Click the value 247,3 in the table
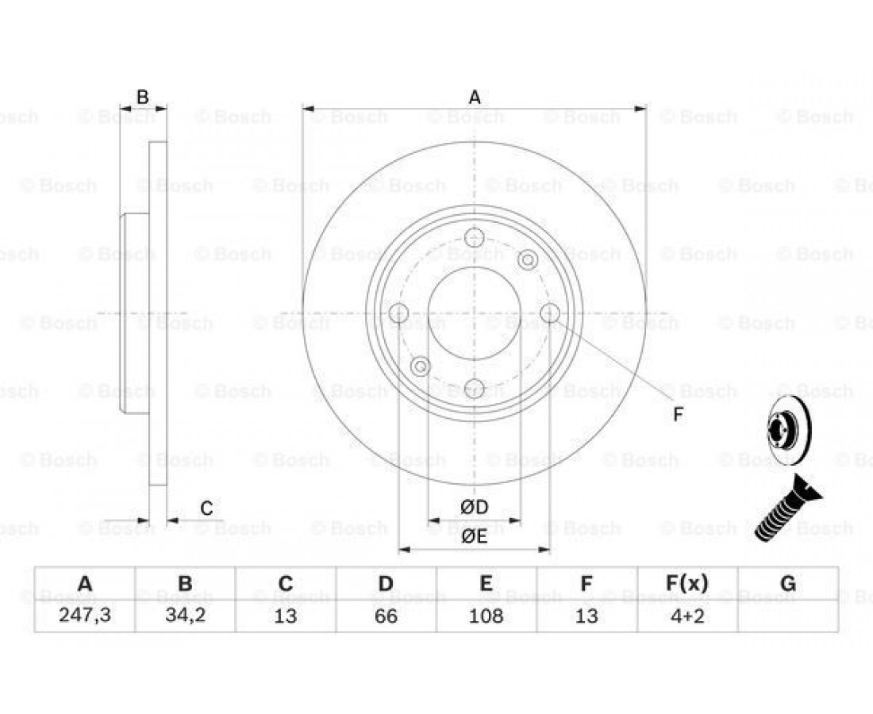click(x=85, y=616)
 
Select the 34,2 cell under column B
click(x=186, y=616)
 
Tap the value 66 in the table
click(x=386, y=616)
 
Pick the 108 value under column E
click(x=486, y=616)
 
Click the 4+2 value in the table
click(x=687, y=616)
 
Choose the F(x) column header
click(x=687, y=583)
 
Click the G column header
click(x=788, y=583)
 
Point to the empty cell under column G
click(x=788, y=616)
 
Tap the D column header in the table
click(x=386, y=583)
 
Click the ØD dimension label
click(x=475, y=507)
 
